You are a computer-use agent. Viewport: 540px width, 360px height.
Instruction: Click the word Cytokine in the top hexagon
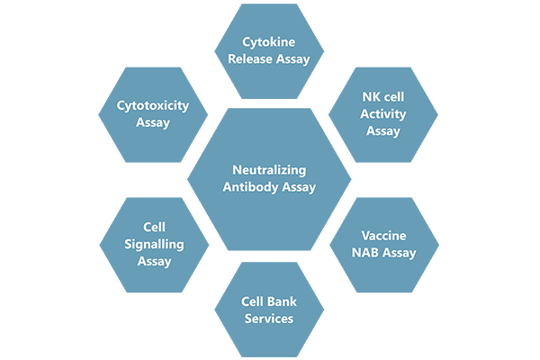click(268, 42)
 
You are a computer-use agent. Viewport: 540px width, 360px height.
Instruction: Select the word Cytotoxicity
click(153, 106)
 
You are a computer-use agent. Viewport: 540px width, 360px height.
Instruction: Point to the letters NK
click(371, 97)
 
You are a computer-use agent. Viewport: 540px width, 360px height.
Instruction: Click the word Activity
click(383, 114)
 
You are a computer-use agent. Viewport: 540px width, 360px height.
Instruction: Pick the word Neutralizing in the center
click(269, 170)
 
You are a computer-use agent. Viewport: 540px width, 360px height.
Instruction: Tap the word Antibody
click(250, 187)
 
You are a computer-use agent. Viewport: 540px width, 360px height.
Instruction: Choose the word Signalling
click(154, 245)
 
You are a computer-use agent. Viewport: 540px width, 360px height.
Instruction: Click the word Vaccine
click(384, 236)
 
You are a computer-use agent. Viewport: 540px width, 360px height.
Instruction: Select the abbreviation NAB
click(365, 253)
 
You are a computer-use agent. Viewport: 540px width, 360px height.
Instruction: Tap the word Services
click(269, 319)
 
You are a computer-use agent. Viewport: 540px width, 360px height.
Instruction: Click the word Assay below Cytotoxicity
click(153, 123)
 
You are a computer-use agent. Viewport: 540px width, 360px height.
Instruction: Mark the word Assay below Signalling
click(154, 262)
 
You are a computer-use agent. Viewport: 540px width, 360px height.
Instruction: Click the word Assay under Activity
click(383, 131)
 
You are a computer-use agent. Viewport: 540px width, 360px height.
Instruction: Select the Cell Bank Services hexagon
click(269, 310)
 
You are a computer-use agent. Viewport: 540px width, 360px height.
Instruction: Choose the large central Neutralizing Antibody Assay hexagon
click(269, 179)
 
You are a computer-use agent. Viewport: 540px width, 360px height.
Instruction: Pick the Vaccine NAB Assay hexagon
click(384, 245)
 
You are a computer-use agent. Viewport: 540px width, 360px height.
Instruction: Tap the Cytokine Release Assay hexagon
click(269, 51)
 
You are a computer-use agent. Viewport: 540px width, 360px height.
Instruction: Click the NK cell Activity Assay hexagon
click(383, 114)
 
